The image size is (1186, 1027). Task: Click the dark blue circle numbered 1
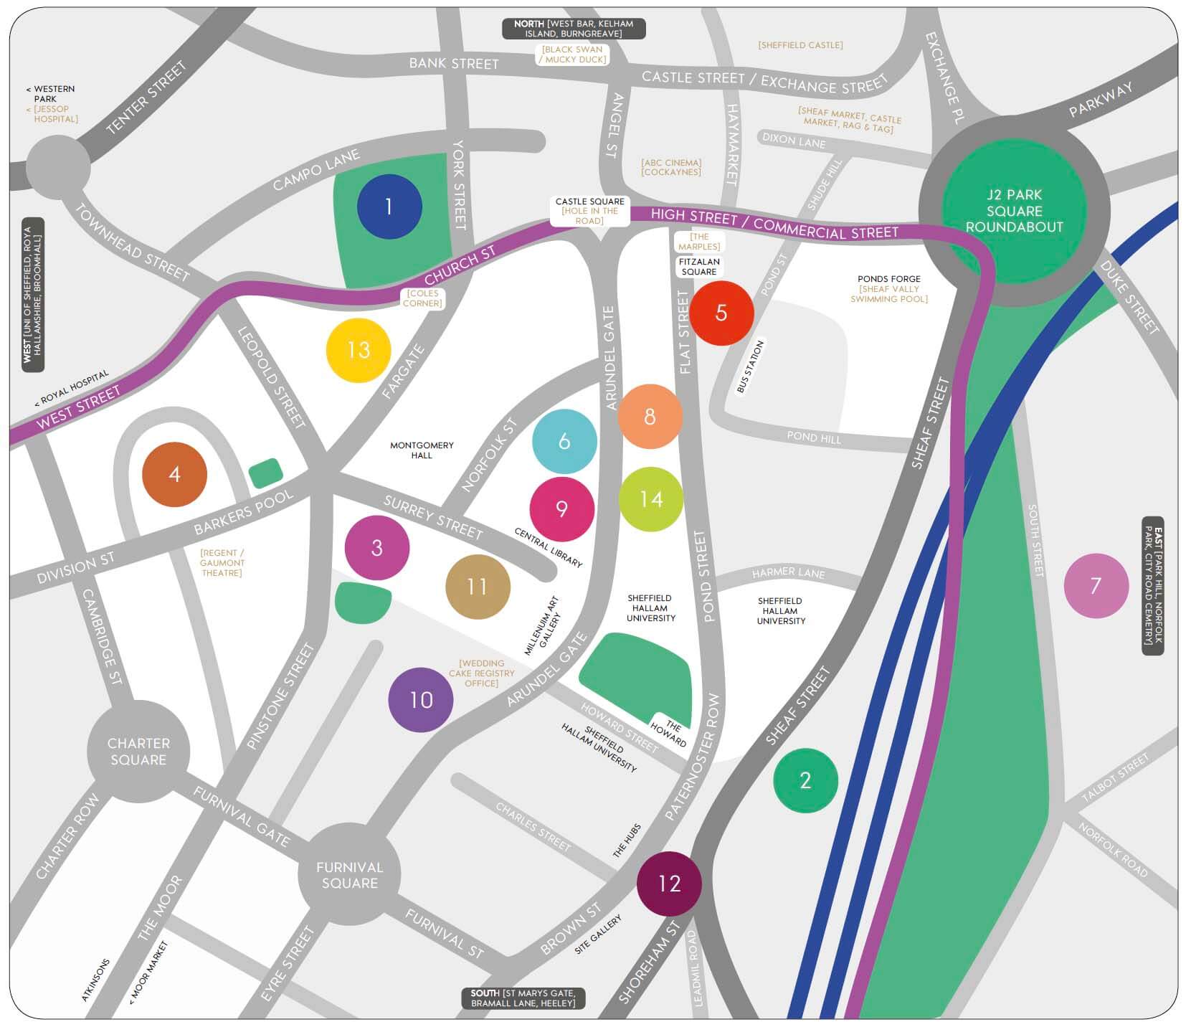pos(389,207)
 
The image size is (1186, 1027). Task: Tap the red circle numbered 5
pos(721,313)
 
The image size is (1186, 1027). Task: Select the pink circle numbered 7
pos(1096,586)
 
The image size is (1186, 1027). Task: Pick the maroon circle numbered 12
pos(669,884)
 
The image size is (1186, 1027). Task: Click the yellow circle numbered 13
pos(359,350)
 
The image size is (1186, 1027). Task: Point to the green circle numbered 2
pos(805,780)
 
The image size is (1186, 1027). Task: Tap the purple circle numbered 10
pos(421,699)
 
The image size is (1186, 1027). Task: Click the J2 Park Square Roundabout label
pos(1014,211)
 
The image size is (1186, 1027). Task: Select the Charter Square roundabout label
pos(138,752)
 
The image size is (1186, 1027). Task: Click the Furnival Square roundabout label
pos(349,875)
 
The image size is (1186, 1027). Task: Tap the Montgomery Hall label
pos(422,450)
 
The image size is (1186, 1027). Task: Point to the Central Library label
pos(549,547)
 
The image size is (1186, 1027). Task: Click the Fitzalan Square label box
pos(699,267)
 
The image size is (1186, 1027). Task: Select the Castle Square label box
pos(590,211)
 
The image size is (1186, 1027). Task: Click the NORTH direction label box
pos(574,29)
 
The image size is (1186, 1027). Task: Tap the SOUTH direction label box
pos(523,998)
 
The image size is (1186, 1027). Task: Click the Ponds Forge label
pos(889,279)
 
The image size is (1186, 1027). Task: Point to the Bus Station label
pos(751,366)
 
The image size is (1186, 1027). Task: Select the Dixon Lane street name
pos(794,140)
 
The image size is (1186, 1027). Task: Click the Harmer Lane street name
pos(788,572)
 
